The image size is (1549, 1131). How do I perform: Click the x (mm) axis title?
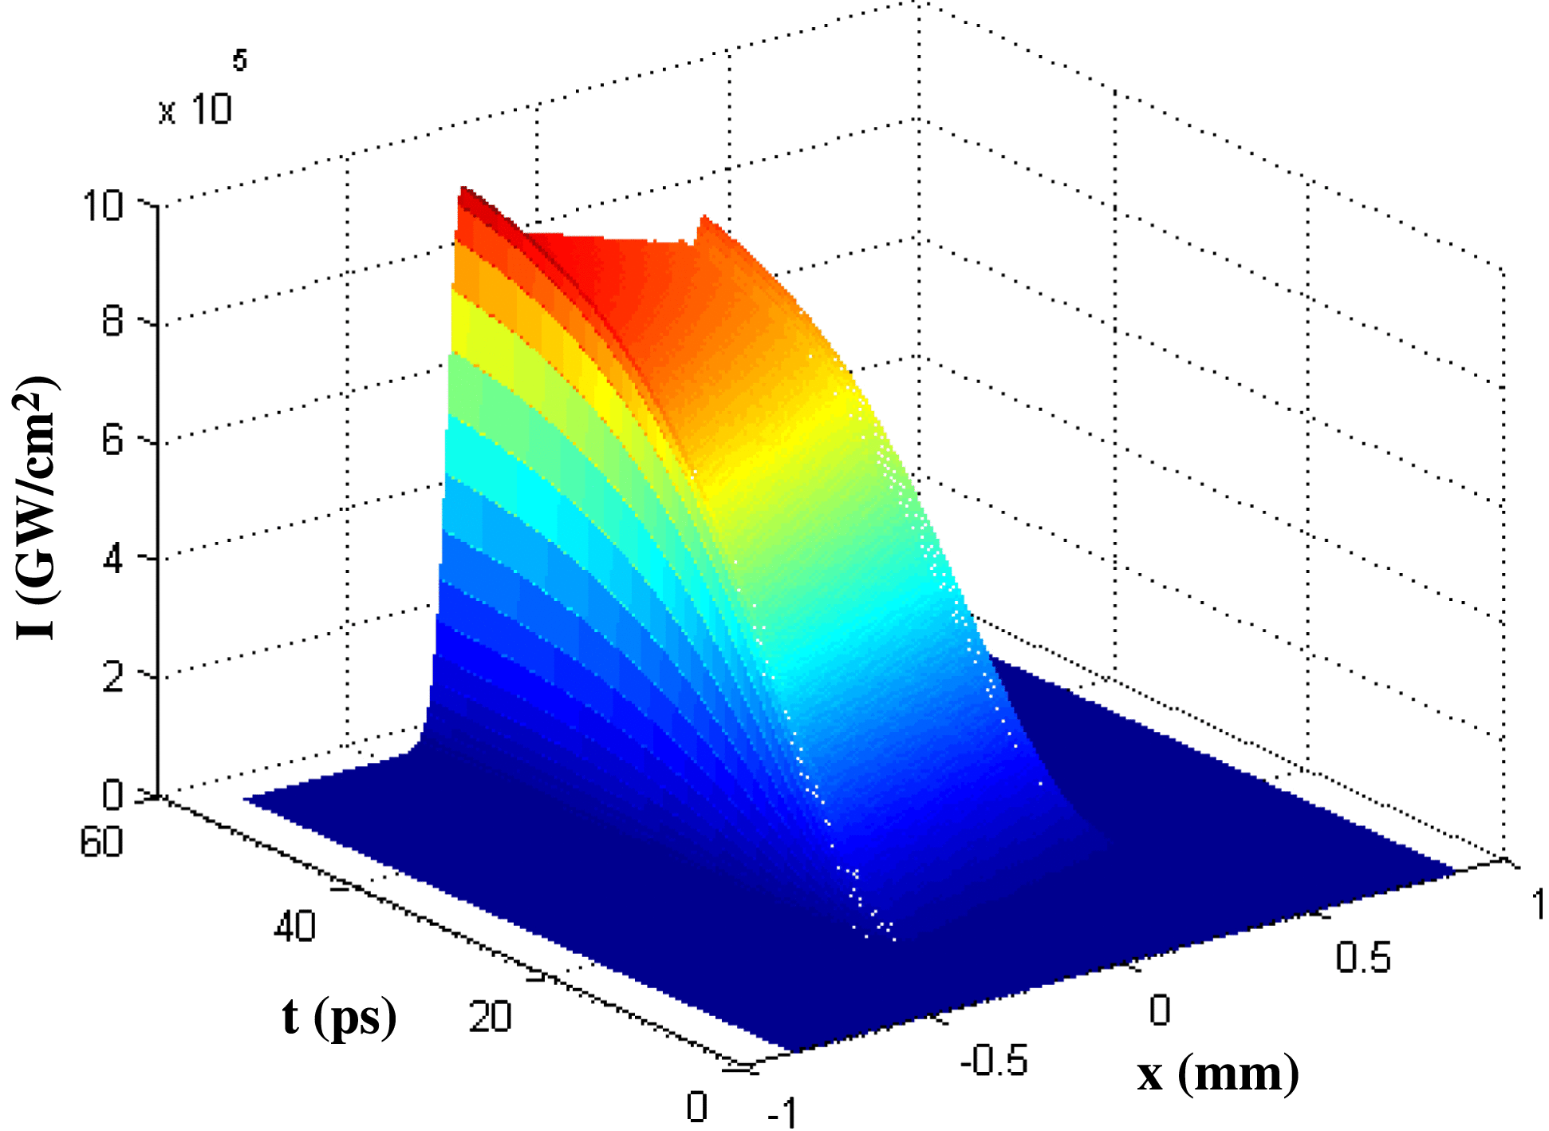(x=1217, y=1075)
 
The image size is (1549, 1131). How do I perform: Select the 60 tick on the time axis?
(x=101, y=843)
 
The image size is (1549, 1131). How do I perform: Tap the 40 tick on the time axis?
(x=294, y=927)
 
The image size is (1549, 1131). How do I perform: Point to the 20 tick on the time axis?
(x=490, y=1018)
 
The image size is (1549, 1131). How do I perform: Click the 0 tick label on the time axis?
(x=696, y=1107)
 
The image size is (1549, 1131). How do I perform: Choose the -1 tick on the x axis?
(x=782, y=1112)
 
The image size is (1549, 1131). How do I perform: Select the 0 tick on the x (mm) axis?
(x=1160, y=1010)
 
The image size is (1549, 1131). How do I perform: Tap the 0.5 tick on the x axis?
(x=1363, y=957)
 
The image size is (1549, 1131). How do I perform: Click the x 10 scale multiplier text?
(x=195, y=110)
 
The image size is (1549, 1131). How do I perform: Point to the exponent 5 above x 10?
(x=239, y=60)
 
